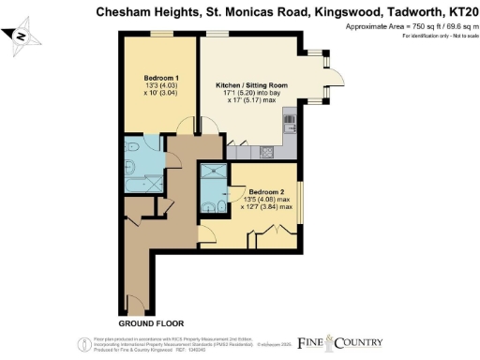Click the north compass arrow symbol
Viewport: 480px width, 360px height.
click(22, 36)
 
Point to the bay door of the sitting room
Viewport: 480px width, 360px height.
click(330, 79)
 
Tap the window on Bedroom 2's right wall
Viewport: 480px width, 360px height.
click(300, 205)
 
